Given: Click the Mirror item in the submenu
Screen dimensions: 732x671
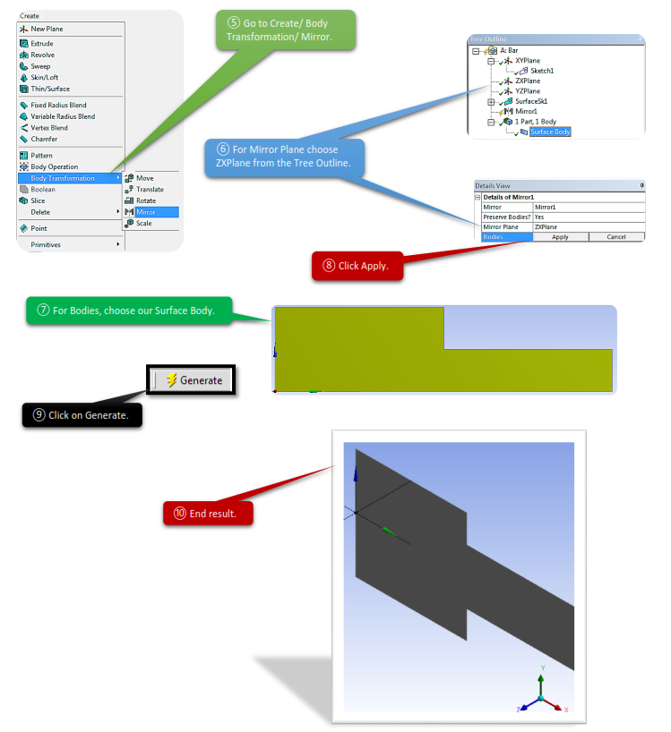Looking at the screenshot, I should pos(145,212).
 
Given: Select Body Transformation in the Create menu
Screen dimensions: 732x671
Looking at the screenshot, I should pos(63,178).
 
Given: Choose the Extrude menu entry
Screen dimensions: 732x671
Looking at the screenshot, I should pos(42,43).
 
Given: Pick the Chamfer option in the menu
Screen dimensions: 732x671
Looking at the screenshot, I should pos(44,139).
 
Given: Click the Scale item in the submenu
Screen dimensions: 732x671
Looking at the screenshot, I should pos(143,223).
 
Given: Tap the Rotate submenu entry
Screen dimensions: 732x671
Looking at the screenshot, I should pos(145,200).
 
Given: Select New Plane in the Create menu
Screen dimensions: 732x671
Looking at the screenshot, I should pos(47,29).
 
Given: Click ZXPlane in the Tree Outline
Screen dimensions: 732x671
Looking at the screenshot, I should pos(528,81).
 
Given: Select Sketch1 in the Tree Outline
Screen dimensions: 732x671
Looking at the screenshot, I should pos(542,71).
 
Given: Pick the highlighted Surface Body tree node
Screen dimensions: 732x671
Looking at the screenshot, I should pos(549,132).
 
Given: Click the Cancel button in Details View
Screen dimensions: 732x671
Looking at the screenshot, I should pos(615,237).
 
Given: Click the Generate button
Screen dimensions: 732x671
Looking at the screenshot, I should pos(194,380).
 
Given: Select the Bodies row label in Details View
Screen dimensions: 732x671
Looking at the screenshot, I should pos(494,237).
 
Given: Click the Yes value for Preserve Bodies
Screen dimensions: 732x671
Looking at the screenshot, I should pos(539,217).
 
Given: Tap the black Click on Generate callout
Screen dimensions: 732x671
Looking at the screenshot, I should pos(82,415).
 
